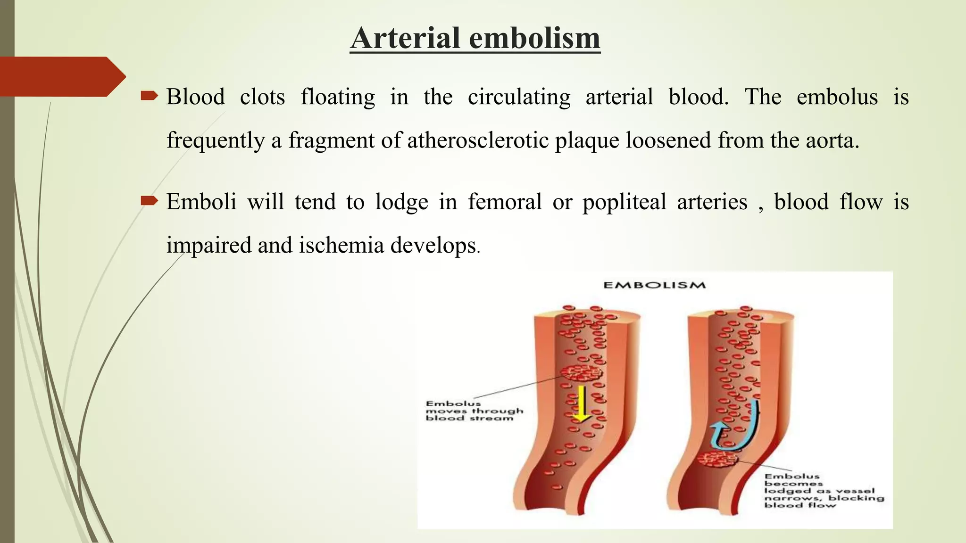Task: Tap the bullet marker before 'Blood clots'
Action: coord(149,97)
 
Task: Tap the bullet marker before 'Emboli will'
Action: coord(149,202)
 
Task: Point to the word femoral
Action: coord(505,202)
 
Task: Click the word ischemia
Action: coord(341,245)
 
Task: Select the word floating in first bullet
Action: coord(338,98)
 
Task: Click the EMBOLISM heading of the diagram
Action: coord(655,285)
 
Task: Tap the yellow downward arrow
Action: coord(582,403)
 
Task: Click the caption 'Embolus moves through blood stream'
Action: coord(474,411)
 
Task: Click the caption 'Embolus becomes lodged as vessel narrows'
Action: coord(823,491)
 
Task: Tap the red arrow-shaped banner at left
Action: coord(61,76)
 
